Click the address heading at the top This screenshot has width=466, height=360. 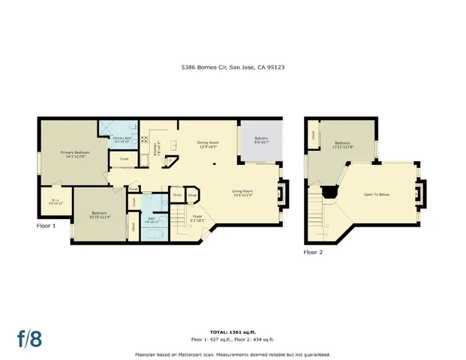[233, 67]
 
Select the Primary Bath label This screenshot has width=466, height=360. [122, 139]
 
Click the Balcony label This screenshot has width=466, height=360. [261, 140]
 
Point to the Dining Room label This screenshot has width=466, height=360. [207, 145]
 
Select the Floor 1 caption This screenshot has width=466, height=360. [47, 225]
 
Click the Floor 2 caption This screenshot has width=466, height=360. [313, 253]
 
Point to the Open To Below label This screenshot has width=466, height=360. [376, 193]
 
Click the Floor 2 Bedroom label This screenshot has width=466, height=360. [342, 144]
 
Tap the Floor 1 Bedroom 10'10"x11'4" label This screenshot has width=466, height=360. [101, 215]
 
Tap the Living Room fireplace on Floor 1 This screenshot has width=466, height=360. [281, 193]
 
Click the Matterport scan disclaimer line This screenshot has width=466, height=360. [233, 354]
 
